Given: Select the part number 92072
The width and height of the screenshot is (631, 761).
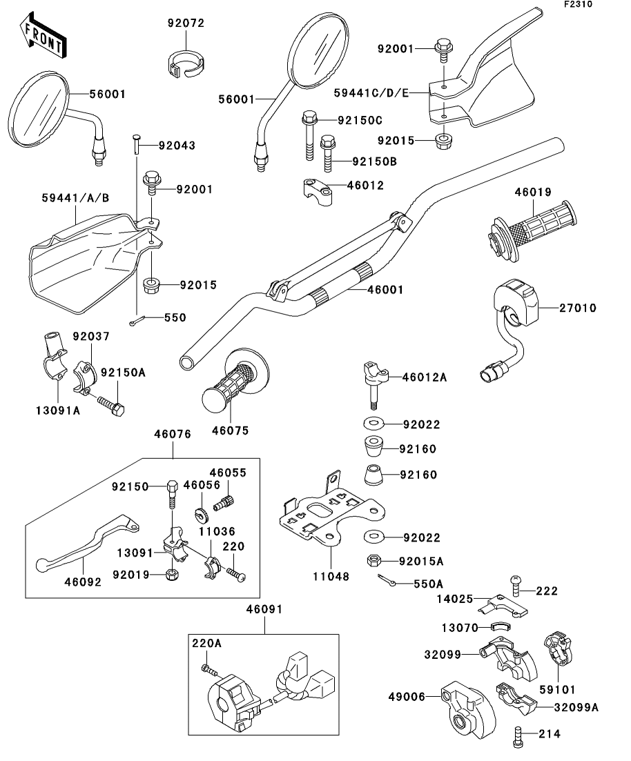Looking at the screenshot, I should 186,23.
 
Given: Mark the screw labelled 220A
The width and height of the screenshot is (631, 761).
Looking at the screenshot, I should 207,669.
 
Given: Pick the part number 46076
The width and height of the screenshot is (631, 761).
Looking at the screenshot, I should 172,434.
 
